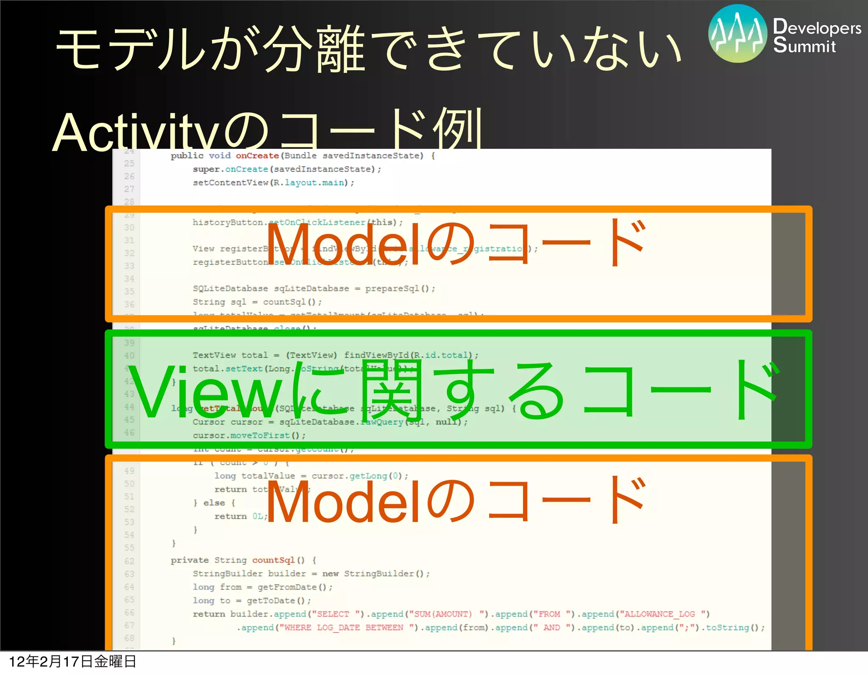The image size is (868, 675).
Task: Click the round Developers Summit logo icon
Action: coord(737,34)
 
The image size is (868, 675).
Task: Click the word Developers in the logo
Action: coord(817,28)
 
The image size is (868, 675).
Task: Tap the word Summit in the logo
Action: coord(804,46)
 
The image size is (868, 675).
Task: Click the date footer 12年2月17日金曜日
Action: coord(72,661)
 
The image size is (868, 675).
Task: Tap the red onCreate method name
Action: coord(257,156)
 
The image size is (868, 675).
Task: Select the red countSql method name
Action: coord(273,560)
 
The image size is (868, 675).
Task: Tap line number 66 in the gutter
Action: coord(129,613)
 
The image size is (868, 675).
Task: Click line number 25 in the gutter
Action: coord(129,164)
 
